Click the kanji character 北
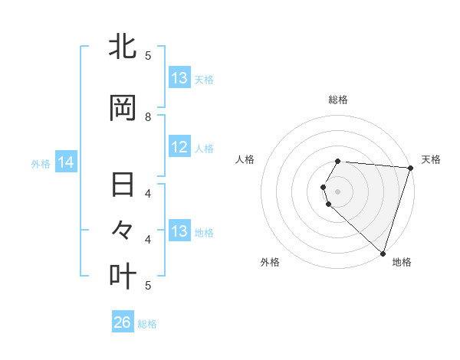point(123,47)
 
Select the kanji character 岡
point(123,109)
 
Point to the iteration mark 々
point(123,229)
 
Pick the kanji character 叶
point(123,275)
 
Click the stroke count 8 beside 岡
point(148,116)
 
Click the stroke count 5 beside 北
point(148,55)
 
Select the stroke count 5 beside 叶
point(148,285)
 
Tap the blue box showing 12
point(179,148)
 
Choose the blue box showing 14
point(66,162)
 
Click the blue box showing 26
point(123,322)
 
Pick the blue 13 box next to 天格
point(179,78)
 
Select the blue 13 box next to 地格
point(179,231)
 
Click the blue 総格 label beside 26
point(147,324)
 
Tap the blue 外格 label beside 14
point(41,163)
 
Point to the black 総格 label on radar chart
point(338,100)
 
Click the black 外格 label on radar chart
point(270,262)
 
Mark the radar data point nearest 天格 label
point(410,168)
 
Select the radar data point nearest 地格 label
point(383,254)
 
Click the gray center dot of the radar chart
point(338,189)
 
